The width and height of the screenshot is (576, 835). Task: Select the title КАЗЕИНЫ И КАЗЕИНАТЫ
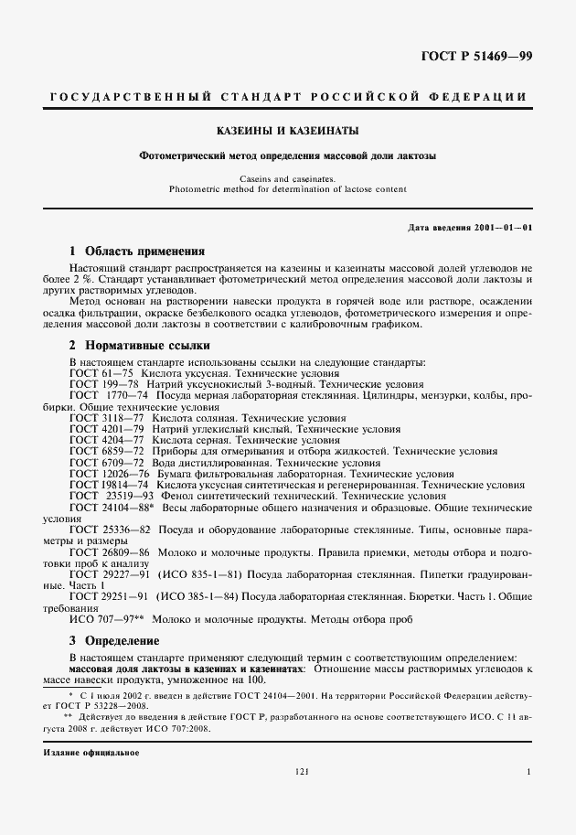287,131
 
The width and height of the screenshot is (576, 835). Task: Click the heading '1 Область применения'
137,251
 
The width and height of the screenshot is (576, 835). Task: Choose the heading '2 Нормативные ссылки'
140,346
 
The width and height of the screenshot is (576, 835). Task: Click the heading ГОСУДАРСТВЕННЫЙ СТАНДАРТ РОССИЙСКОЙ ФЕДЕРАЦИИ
287,97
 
